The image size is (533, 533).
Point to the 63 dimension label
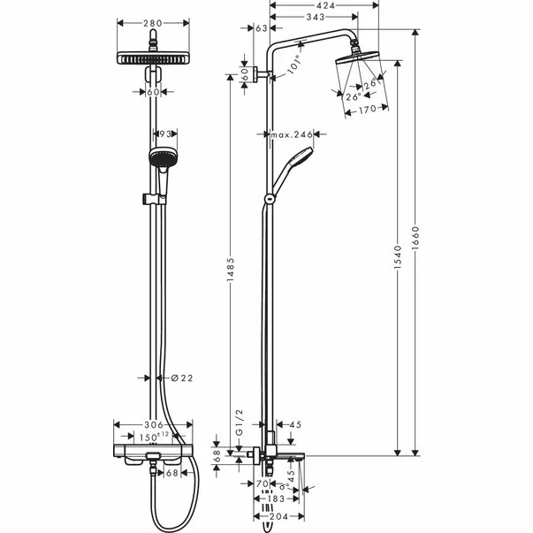click(x=262, y=29)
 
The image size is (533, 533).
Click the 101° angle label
click(x=293, y=65)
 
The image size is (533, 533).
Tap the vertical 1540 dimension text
click(x=399, y=258)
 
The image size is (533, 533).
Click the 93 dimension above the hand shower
click(x=164, y=134)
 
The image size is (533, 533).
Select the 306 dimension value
click(x=154, y=425)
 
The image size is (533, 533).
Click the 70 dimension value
click(x=262, y=484)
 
